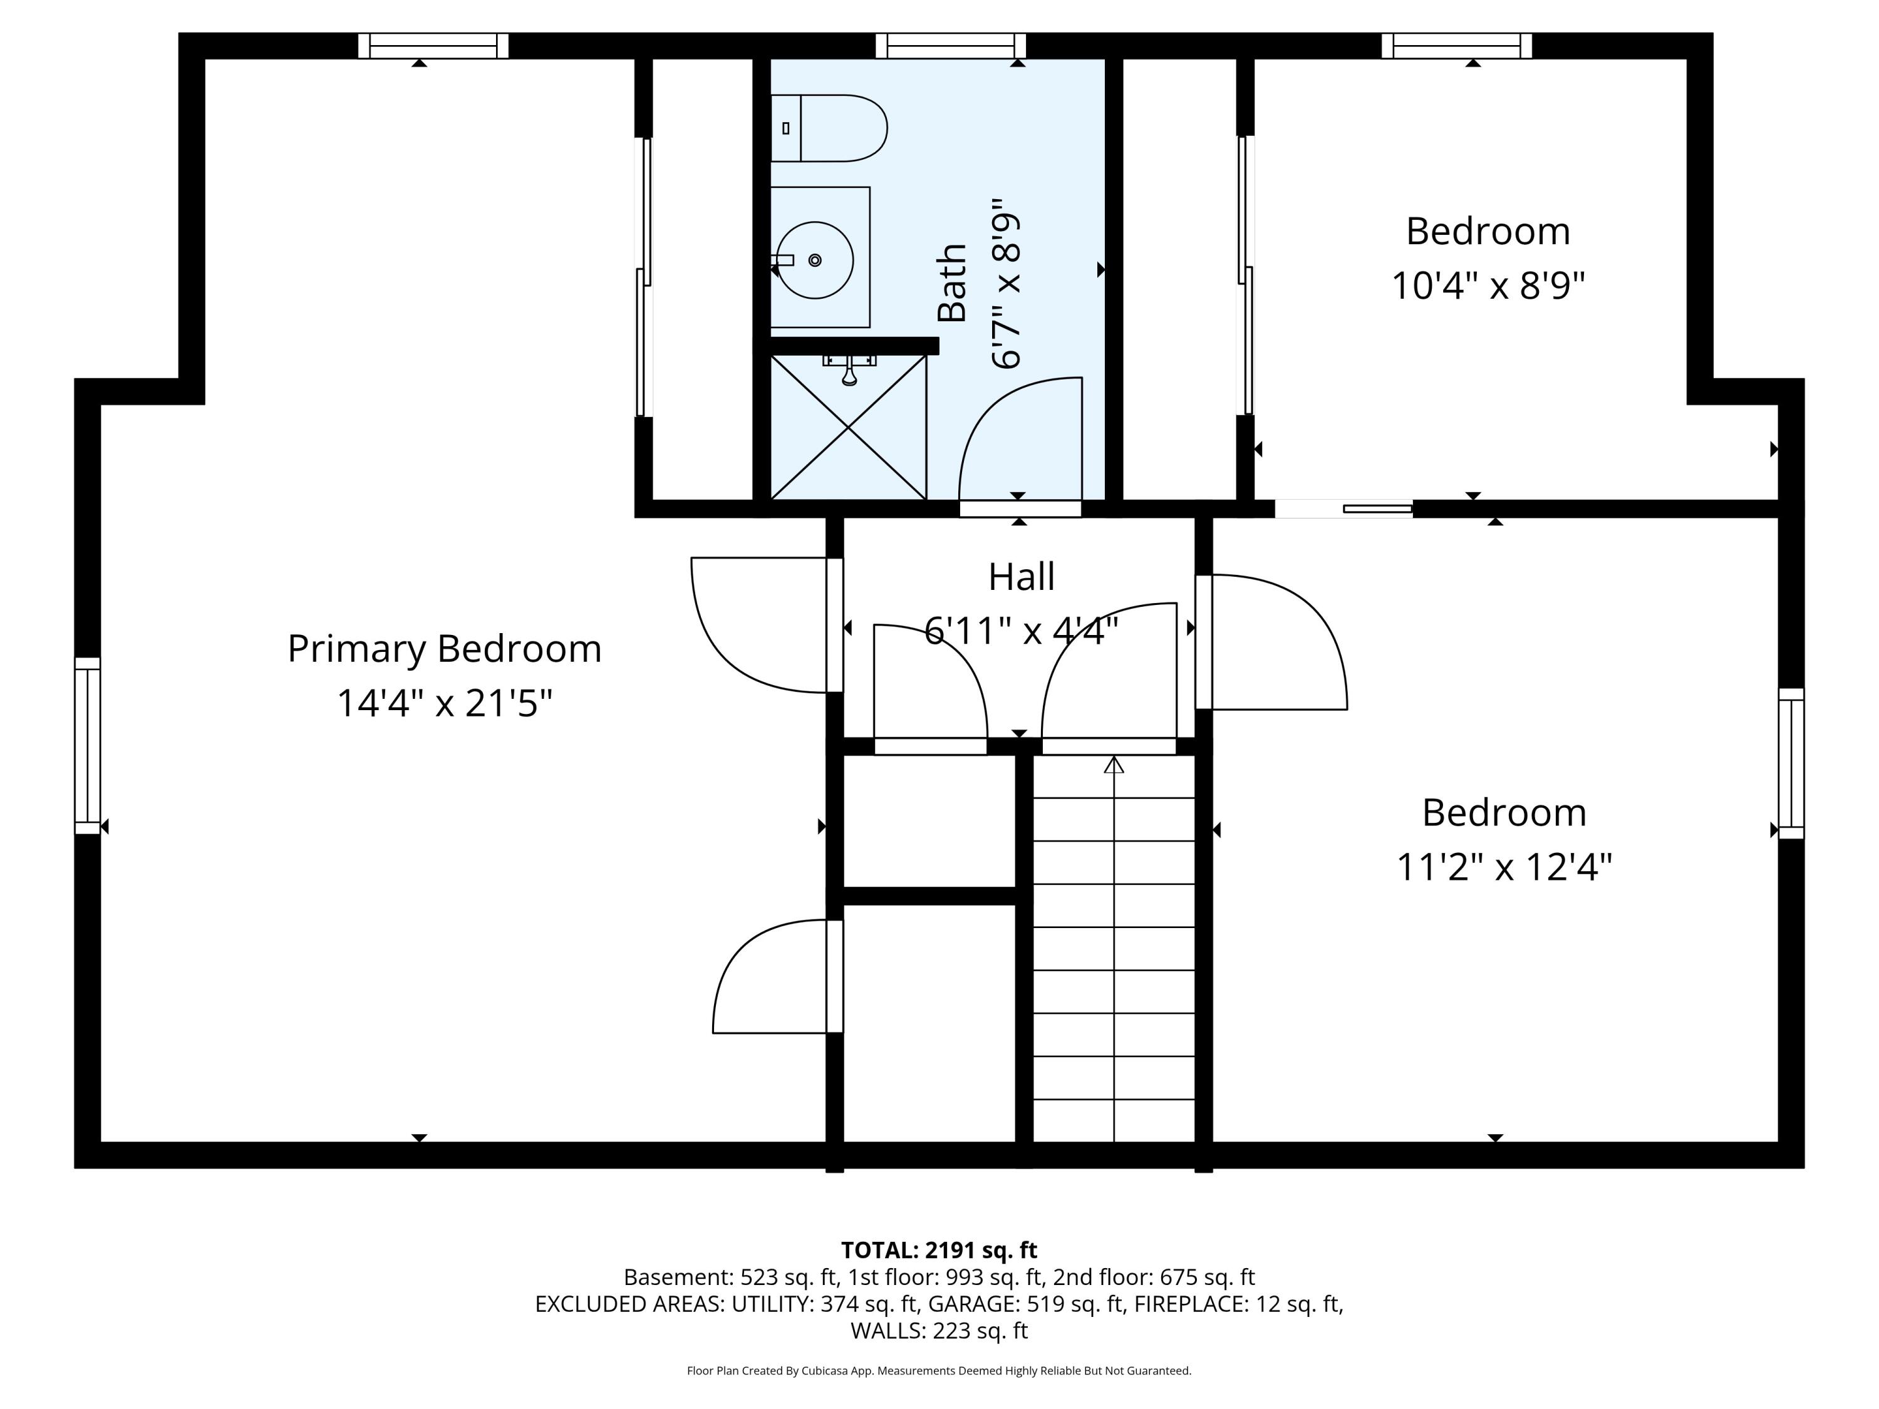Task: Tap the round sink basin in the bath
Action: (815, 260)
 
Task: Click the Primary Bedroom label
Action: (444, 649)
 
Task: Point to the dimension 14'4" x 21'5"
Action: (444, 703)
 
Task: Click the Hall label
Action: (1021, 577)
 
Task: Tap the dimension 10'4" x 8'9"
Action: (1488, 286)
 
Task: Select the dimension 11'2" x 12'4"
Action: (1504, 867)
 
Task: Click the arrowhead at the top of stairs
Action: (1114, 765)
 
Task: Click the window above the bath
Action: (951, 46)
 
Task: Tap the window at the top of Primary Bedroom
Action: (433, 46)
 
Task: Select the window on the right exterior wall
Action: (1791, 763)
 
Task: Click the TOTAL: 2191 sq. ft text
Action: (939, 1250)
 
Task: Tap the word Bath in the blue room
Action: (952, 283)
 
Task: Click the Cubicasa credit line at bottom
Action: (939, 1371)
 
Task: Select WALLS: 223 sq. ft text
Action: (939, 1331)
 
